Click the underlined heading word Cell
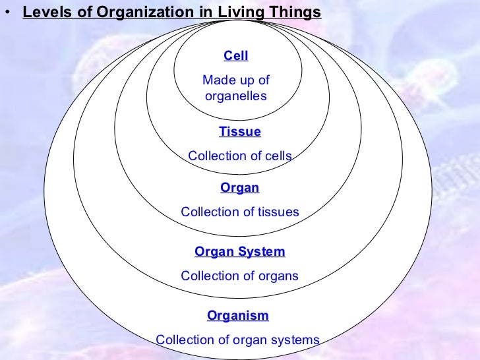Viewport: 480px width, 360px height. pos(236,56)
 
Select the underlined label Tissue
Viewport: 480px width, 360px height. pos(240,132)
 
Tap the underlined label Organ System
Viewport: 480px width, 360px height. pos(240,251)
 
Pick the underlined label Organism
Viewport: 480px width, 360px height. pos(238,315)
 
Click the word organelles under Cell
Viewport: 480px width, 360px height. pos(236,96)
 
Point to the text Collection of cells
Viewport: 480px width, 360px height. pos(240,156)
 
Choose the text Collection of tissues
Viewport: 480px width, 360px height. pos(240,212)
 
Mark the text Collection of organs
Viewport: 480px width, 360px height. pos(240,276)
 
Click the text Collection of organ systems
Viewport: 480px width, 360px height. pos(237,340)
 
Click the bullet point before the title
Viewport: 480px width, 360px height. pos(7,12)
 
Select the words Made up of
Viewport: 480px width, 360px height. pos(236,80)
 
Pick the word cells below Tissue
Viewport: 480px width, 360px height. pos(277,156)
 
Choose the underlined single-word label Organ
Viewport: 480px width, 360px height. pos(240,188)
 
